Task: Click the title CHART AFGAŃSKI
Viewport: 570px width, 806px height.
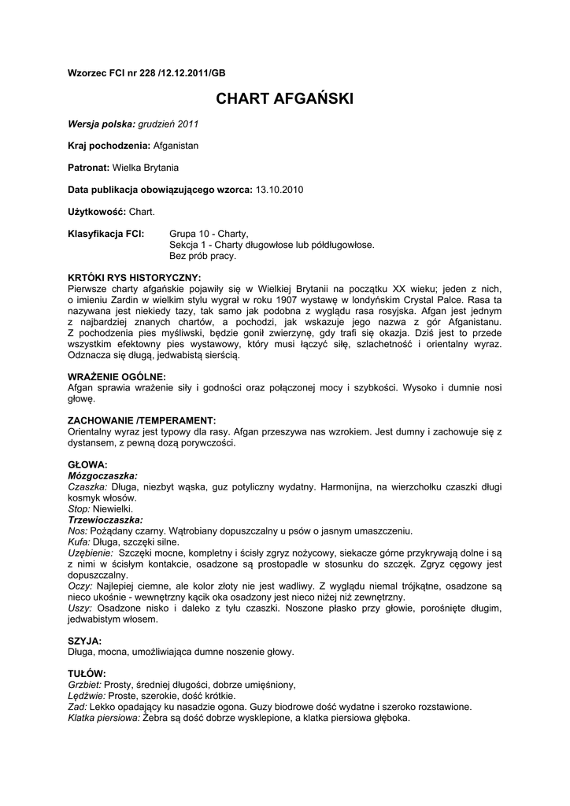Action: click(x=284, y=99)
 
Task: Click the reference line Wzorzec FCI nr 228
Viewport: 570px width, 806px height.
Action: click(x=146, y=72)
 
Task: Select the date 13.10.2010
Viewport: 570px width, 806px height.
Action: click(x=279, y=190)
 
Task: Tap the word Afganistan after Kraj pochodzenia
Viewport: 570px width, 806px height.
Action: click(x=176, y=146)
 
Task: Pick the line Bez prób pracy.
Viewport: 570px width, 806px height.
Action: click(x=202, y=256)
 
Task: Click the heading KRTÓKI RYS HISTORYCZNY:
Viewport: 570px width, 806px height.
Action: click(x=134, y=278)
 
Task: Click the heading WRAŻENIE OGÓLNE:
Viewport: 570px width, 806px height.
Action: click(x=117, y=377)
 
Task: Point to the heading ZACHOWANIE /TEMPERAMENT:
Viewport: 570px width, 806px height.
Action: click(x=142, y=421)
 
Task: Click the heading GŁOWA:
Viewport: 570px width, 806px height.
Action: click(x=87, y=464)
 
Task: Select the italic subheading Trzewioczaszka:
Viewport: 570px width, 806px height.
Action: click(x=105, y=519)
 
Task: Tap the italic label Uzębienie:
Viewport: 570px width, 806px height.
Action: click(x=91, y=553)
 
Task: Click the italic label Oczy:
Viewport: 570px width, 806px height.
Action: click(x=80, y=586)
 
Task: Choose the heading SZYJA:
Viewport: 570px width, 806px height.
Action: click(x=84, y=641)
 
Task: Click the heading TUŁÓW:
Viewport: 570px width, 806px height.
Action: click(x=87, y=674)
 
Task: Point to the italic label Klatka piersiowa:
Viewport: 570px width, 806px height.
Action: click(x=104, y=718)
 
